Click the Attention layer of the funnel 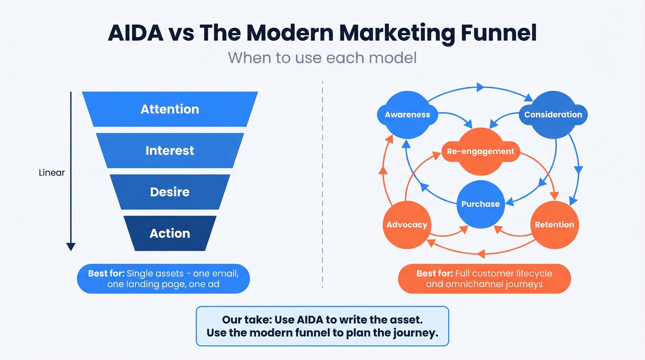(x=170, y=109)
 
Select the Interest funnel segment (x=170, y=151)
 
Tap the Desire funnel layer (x=170, y=192)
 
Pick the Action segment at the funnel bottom (x=170, y=233)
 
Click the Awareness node (x=407, y=115)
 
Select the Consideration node (x=553, y=115)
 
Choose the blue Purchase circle (x=481, y=204)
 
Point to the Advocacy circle (x=407, y=225)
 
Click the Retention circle (x=554, y=225)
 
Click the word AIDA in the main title (x=134, y=34)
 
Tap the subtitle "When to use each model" (x=322, y=58)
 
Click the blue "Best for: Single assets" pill (x=163, y=278)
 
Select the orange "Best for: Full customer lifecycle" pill (x=484, y=278)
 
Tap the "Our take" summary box (x=322, y=326)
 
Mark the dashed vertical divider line (x=322, y=184)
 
